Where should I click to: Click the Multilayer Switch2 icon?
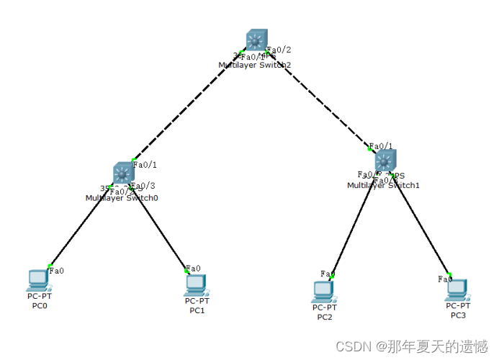[x=256, y=40]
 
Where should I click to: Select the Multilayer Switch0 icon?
[x=123, y=173]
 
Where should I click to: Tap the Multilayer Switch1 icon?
[x=385, y=161]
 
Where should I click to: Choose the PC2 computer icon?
[x=323, y=290]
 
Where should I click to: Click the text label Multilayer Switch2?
[x=255, y=65]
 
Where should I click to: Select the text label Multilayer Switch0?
[x=122, y=198]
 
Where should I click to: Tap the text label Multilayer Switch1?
[x=383, y=186]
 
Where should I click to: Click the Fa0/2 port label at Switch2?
[x=279, y=50]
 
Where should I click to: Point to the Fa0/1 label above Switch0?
[x=145, y=165]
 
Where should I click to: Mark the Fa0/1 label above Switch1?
[x=381, y=146]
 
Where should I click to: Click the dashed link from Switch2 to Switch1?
[x=320, y=101]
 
